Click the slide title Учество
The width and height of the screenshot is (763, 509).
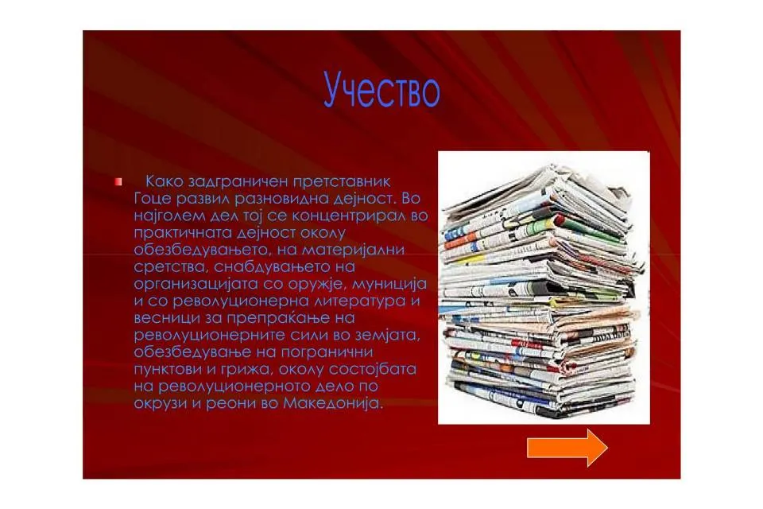(382, 90)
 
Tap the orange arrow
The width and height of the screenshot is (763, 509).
(567, 448)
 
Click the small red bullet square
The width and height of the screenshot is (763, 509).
(118, 182)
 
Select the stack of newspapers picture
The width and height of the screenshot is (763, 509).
(544, 287)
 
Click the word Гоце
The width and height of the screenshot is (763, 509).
(151, 199)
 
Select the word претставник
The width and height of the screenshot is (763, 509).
(335, 181)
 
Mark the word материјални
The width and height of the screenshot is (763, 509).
(353, 250)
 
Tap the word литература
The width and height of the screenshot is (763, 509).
(359, 301)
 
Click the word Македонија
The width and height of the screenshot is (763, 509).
(333, 403)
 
